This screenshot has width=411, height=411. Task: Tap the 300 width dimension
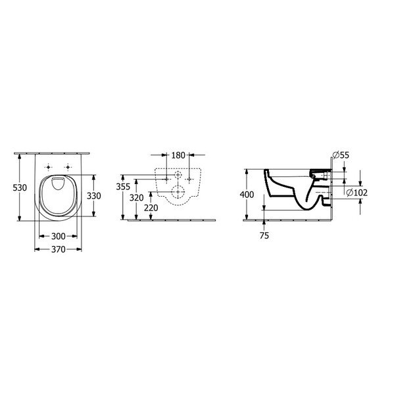click(59, 235)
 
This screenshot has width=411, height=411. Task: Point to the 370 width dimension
click(59, 249)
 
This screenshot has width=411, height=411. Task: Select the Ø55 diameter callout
click(340, 155)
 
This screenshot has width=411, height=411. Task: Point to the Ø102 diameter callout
click(355, 192)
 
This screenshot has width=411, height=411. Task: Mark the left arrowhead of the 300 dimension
click(41, 235)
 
